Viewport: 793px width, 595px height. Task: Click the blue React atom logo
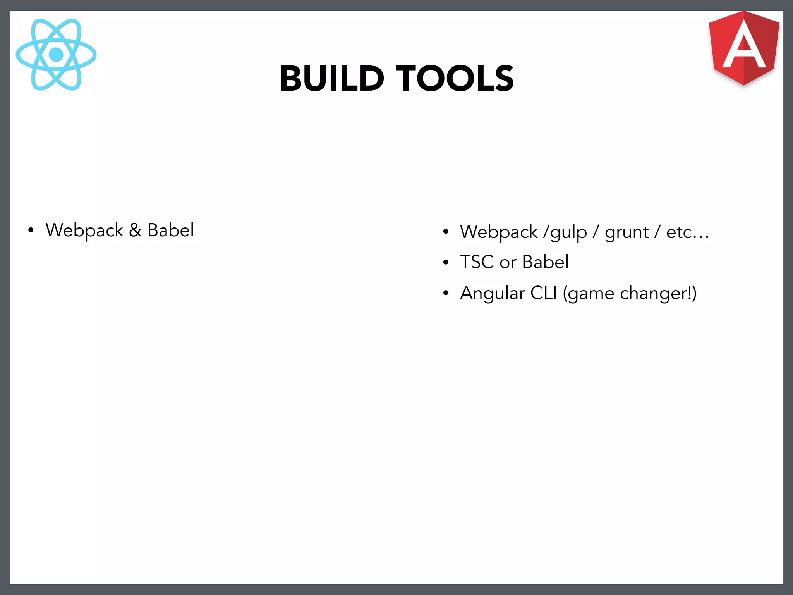(x=56, y=55)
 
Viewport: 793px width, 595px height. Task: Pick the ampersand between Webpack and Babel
(x=135, y=230)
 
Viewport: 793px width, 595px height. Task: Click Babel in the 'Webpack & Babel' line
(x=170, y=230)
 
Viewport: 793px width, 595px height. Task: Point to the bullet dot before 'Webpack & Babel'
(x=31, y=231)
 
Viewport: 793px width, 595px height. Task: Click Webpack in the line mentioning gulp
(x=498, y=232)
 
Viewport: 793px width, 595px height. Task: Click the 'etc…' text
(x=687, y=232)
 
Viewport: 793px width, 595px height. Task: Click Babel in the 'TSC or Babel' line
(x=545, y=262)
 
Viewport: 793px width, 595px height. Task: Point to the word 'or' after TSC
(x=508, y=263)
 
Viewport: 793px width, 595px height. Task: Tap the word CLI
(x=543, y=293)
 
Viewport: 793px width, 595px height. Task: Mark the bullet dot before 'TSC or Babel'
(x=446, y=263)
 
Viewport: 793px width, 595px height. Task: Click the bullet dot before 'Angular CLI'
(x=446, y=294)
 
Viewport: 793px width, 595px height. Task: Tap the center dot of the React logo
(x=56, y=55)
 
